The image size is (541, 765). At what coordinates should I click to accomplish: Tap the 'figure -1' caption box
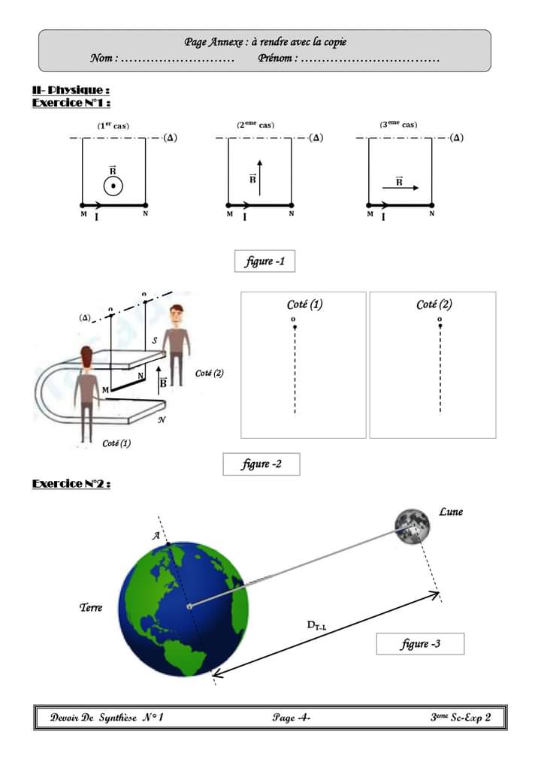(x=264, y=262)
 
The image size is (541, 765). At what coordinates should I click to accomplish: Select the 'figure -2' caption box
(x=261, y=464)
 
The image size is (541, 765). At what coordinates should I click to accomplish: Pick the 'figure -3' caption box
(x=420, y=644)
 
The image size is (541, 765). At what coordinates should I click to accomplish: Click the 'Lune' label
(x=451, y=512)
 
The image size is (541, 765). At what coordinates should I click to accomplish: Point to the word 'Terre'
(x=91, y=607)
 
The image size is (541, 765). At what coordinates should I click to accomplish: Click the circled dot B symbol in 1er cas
(x=113, y=185)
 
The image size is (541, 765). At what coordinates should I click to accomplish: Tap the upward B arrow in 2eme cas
(x=259, y=177)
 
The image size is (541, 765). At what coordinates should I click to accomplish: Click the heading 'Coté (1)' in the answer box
(x=305, y=305)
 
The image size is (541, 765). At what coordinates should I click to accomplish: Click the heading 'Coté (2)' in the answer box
(x=434, y=305)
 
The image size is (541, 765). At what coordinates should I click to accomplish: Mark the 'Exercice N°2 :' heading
(x=71, y=484)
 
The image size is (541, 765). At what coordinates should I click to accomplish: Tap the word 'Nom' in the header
(x=102, y=58)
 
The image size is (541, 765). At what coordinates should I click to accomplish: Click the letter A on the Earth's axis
(x=156, y=535)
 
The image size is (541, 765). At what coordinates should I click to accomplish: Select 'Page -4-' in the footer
(x=292, y=718)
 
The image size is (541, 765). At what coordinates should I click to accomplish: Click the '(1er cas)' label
(x=113, y=125)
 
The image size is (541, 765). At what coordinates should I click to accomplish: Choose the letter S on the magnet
(x=154, y=341)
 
